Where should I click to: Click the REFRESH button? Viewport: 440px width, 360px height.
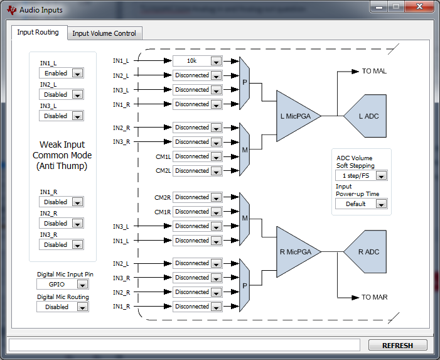click(397, 345)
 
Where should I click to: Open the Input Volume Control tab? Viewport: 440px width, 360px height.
click(105, 33)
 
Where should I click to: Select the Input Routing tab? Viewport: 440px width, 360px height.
click(38, 32)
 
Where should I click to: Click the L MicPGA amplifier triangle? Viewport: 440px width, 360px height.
click(298, 116)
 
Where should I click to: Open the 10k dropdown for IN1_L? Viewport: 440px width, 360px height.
click(197, 61)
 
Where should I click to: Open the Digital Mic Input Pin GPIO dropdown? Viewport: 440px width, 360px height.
click(62, 285)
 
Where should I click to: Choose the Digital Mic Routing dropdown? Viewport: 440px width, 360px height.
click(62, 307)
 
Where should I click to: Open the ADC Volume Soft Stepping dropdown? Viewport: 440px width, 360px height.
click(361, 176)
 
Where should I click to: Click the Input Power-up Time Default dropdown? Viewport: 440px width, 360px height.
click(361, 204)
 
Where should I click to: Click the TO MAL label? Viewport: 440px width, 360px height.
click(374, 71)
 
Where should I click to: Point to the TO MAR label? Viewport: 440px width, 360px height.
click(374, 297)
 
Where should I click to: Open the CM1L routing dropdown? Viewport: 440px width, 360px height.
click(197, 156)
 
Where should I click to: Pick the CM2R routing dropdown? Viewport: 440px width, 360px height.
click(197, 197)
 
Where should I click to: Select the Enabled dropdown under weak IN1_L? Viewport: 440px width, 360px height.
click(61, 74)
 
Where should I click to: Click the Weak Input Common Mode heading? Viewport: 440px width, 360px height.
click(62, 155)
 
